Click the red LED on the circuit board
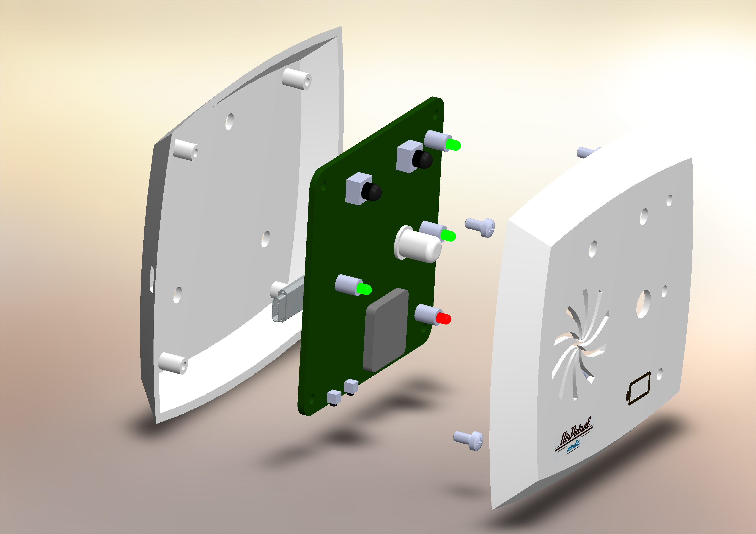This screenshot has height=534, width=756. click(443, 318)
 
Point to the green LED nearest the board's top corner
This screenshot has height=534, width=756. click(453, 145)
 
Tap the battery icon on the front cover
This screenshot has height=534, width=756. click(638, 388)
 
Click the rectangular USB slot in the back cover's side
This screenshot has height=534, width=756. click(152, 279)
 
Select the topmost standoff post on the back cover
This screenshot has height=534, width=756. click(297, 79)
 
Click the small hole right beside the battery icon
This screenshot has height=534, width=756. click(659, 374)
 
